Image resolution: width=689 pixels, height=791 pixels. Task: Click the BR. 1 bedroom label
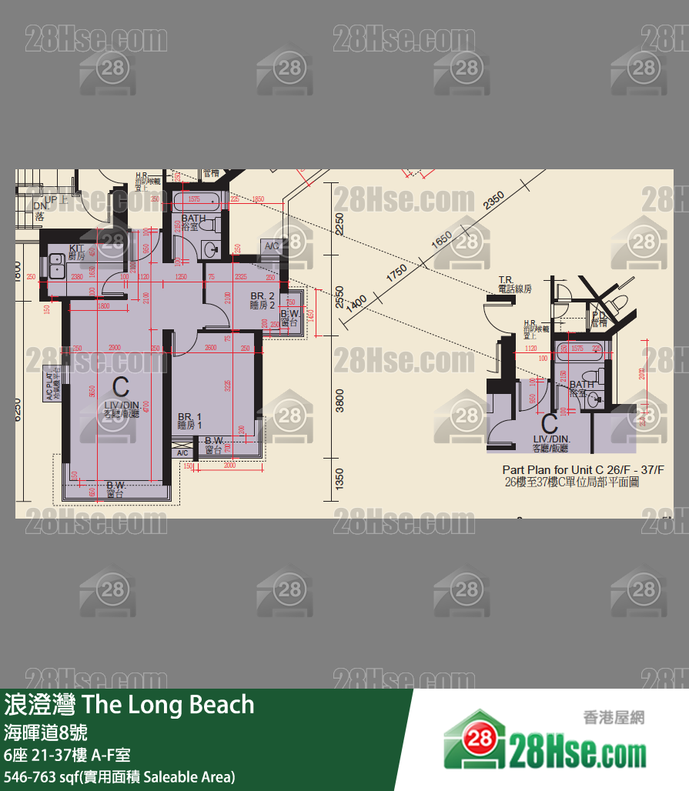(189, 419)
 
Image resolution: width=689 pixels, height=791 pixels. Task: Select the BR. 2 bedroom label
(263, 300)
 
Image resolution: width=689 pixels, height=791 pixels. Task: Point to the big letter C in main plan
(121, 387)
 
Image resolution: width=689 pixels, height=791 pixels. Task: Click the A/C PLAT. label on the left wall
(49, 383)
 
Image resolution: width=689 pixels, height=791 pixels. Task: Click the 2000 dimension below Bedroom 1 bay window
(229, 466)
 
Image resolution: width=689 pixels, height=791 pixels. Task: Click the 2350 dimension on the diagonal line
(493, 201)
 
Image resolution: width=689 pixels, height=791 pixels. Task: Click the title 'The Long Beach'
(167, 704)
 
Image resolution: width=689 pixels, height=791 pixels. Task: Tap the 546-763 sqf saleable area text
(119, 776)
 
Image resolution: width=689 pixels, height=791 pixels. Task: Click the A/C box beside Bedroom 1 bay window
(182, 453)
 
